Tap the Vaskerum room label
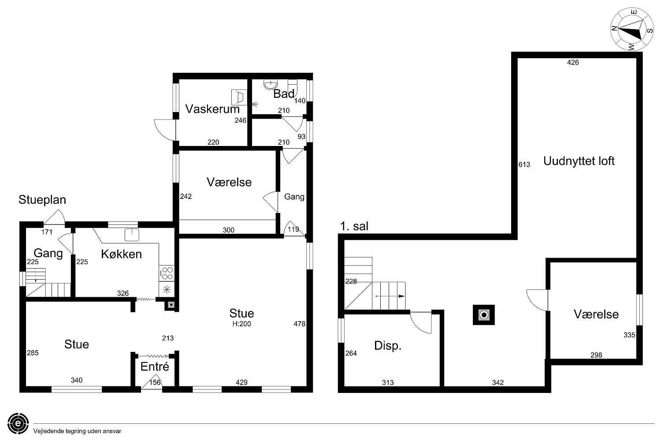212,109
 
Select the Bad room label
284,93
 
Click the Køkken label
121,254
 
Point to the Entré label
155,366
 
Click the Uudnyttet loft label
579,161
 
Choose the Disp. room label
388,346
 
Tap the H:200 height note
241,324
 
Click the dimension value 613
524,164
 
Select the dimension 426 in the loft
573,62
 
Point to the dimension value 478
300,324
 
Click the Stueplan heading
42,200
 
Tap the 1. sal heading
354,226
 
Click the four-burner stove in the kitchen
167,273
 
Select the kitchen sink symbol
132,235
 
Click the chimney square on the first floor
484,315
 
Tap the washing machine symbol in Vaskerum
239,97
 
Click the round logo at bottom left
18,423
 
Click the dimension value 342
498,382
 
